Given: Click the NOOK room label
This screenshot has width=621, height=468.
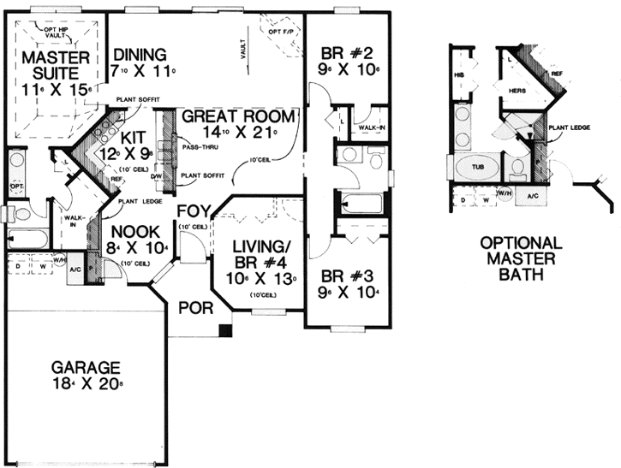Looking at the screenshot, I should tap(126, 231).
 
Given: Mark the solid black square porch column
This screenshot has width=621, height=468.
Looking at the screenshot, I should tap(224, 329).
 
